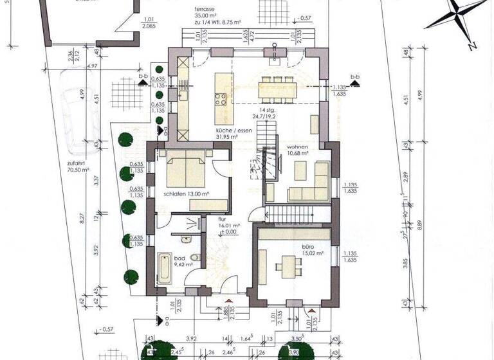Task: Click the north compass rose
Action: click(459, 18)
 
